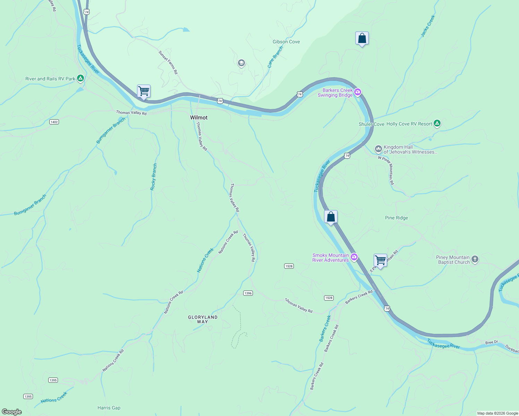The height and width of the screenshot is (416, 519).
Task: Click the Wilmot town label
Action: [x=199, y=118]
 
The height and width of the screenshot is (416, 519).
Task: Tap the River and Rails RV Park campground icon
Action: [x=80, y=78]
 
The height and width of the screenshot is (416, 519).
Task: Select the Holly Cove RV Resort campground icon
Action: [x=437, y=123]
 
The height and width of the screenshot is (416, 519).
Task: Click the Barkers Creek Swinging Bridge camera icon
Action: [x=358, y=93]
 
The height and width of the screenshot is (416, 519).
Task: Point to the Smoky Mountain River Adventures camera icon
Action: [x=354, y=257]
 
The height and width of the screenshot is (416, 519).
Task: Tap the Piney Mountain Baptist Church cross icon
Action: [x=475, y=259]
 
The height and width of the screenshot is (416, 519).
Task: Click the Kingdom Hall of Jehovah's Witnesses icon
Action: [x=378, y=149]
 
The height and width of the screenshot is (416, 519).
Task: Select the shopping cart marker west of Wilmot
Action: [x=144, y=92]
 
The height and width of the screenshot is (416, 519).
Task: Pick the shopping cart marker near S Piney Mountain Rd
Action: [x=380, y=260]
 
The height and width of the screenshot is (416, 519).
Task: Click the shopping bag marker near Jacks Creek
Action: [x=362, y=38]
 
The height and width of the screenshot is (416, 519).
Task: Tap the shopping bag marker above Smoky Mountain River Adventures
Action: [x=331, y=217]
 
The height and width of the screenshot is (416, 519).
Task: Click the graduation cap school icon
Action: [x=241, y=63]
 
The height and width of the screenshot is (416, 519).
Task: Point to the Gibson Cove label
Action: [x=286, y=42]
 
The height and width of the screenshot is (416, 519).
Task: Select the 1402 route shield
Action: [x=54, y=122]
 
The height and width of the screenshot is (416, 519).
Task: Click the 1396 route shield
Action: [x=248, y=293]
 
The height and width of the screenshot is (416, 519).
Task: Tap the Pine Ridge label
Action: [x=397, y=218]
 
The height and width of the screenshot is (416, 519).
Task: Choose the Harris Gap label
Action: [x=109, y=408]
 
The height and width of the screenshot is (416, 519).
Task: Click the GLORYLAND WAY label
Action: [x=203, y=319]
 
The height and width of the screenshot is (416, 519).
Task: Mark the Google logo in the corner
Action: [x=12, y=412]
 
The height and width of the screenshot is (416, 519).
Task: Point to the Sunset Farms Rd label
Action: [x=168, y=62]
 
